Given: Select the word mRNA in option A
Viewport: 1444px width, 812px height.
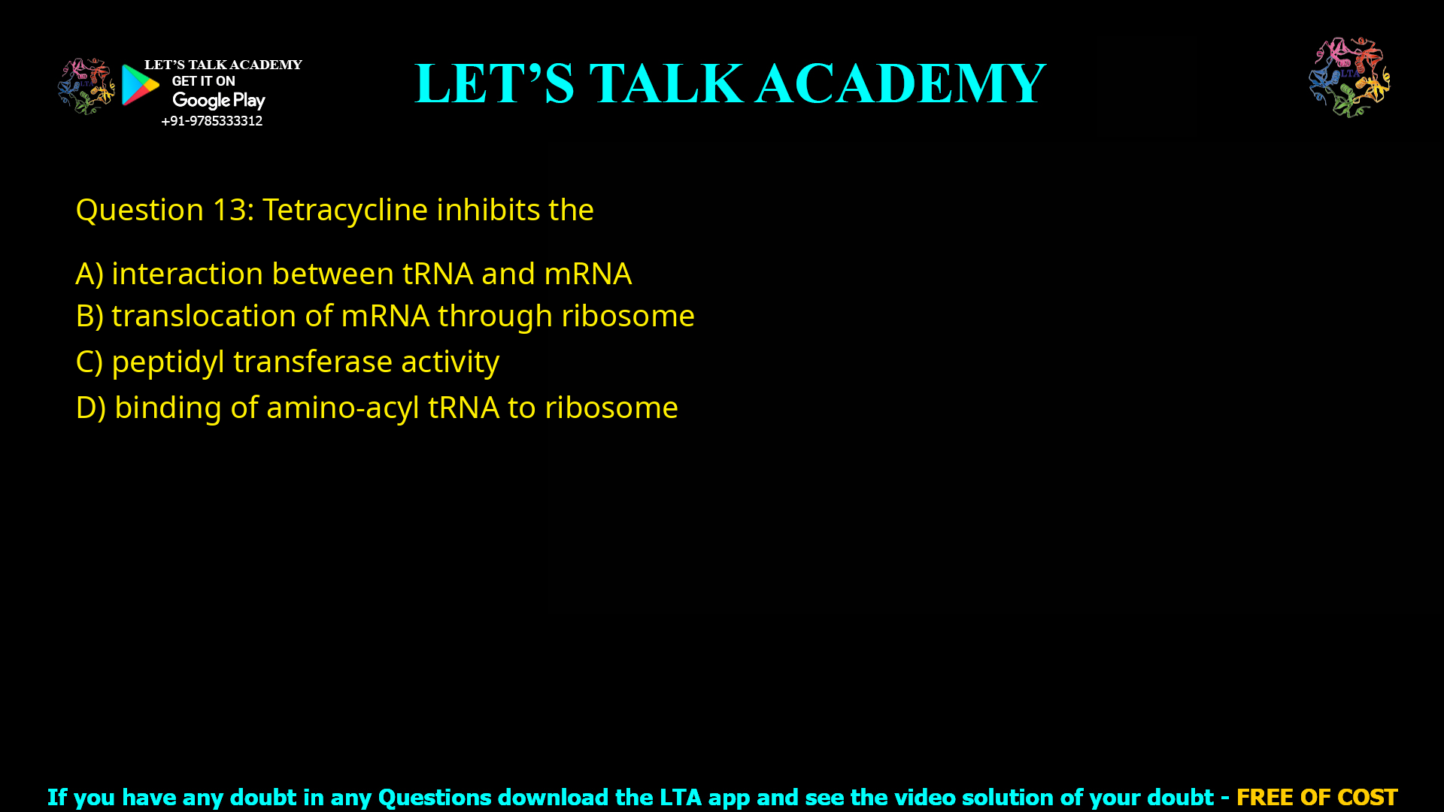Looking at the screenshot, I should [587, 274].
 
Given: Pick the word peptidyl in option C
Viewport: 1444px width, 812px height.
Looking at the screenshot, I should [168, 362].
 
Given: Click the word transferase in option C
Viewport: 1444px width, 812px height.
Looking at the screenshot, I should [312, 362].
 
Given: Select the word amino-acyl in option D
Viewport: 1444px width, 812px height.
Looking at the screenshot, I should [343, 408].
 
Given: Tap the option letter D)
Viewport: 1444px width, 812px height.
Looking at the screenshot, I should [91, 408].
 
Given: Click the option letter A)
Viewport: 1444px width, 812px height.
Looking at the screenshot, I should [89, 274].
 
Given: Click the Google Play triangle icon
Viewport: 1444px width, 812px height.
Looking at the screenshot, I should [140, 85].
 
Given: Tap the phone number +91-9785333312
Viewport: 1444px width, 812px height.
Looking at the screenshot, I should [211, 121].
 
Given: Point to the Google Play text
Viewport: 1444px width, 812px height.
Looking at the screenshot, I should [218, 101].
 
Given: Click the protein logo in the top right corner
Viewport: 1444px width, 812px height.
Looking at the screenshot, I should [1349, 77].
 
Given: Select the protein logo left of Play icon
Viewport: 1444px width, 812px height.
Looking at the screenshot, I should [86, 86].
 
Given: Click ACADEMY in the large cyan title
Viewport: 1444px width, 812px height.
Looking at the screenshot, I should [900, 83].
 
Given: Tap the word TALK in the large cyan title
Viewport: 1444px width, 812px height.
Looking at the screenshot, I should [666, 83].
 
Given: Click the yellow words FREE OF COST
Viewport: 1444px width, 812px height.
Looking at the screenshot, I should [1316, 797].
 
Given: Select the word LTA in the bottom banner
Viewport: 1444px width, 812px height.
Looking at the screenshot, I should [681, 797].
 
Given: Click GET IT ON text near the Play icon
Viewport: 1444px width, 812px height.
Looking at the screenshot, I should [203, 81].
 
